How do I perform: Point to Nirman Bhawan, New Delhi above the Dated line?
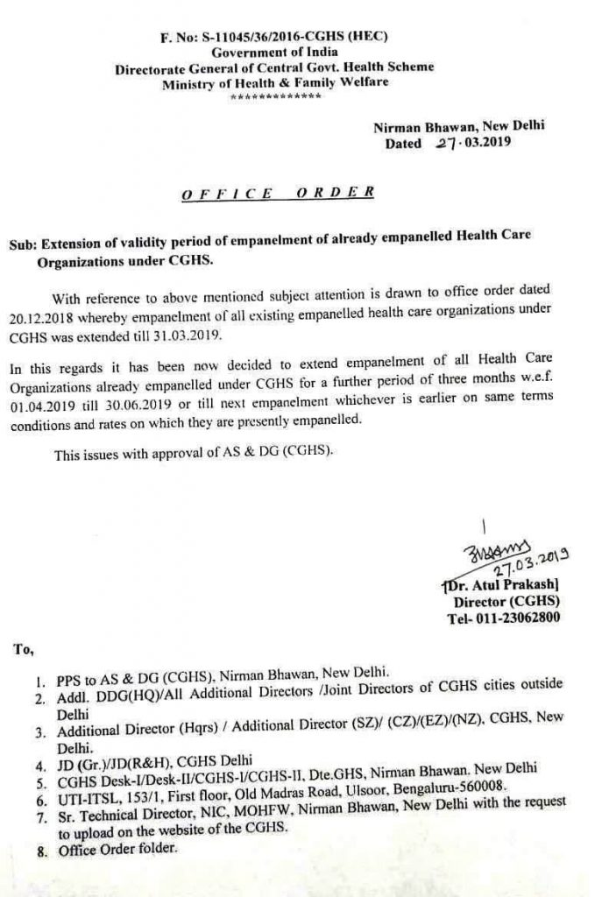tap(459, 126)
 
